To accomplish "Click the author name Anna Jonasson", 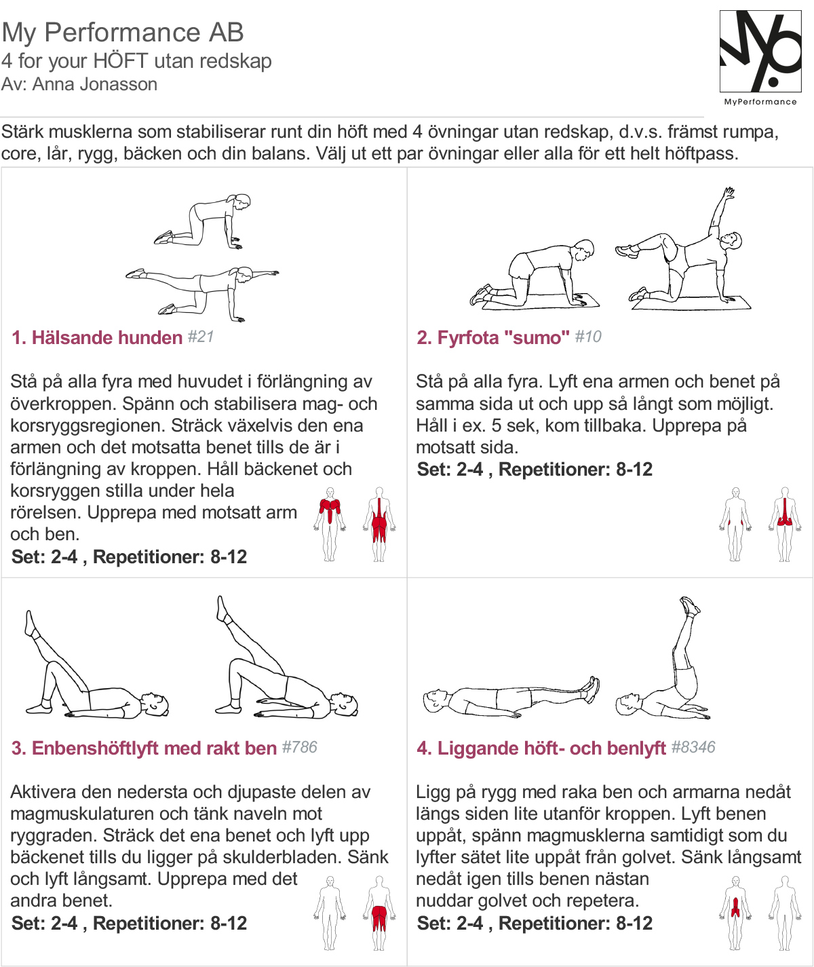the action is (95, 85).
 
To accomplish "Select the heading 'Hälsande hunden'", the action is (107, 338).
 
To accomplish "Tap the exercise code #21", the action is (201, 337).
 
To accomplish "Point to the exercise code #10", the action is (588, 337).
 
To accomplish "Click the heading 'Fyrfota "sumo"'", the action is (503, 338).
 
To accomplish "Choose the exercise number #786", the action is (300, 747).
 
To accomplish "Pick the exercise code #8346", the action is (693, 747).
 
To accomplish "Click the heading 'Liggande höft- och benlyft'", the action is (551, 748).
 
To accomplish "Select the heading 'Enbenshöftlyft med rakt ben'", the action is (154, 748).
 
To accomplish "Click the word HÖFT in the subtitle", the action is (120, 60).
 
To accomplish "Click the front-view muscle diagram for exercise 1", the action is (330, 524).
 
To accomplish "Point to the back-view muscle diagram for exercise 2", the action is (785, 524).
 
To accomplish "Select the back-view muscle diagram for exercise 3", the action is (379, 913).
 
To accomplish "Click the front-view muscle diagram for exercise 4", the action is (735, 913).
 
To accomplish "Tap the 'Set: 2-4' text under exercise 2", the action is (450, 470).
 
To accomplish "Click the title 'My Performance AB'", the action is (123, 33).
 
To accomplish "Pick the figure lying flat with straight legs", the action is (511, 698).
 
